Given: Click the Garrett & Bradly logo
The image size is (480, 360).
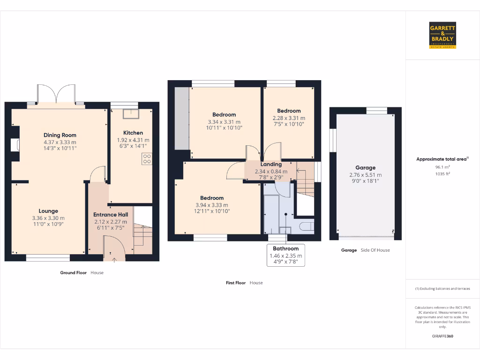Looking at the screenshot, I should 442,35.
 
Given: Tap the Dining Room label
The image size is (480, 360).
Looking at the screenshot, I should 60,135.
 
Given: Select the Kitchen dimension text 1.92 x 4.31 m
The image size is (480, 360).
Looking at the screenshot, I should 133,140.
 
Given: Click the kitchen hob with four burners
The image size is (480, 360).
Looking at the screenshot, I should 147,159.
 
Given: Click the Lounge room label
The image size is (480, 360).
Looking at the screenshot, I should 48,211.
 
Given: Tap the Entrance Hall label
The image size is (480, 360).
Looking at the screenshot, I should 111,215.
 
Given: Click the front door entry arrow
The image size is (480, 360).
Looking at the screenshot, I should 114,258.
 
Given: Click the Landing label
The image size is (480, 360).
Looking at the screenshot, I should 271,165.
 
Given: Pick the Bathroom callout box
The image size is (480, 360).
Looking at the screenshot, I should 286,255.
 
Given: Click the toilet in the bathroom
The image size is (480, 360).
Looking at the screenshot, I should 306,227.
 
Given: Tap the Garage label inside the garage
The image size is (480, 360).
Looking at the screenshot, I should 365,168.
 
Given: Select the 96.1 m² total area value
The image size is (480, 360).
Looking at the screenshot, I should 442,166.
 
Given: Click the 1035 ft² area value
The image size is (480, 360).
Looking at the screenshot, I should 442,173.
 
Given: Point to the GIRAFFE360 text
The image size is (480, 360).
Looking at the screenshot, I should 442,336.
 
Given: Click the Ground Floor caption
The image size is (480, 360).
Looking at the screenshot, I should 74,272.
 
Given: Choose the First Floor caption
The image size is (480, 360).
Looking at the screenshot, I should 236,283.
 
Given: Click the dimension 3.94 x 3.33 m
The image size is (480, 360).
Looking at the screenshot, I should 212,205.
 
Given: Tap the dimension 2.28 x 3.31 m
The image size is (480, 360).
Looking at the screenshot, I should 289,118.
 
